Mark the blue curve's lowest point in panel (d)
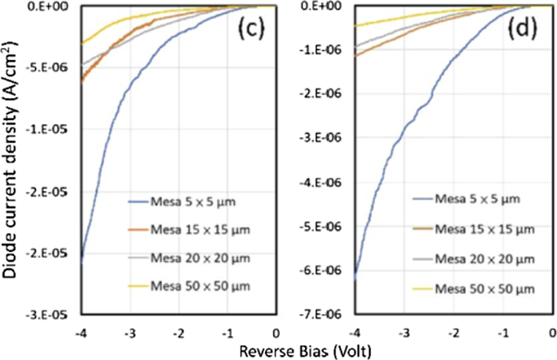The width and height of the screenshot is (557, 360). (x=355, y=279)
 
